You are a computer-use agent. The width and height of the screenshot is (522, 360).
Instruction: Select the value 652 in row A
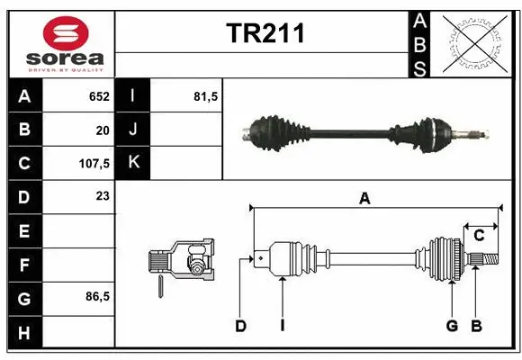click(99, 96)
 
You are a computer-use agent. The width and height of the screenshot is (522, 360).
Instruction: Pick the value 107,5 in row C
click(94, 164)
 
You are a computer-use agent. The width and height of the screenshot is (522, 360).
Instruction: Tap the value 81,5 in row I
click(206, 96)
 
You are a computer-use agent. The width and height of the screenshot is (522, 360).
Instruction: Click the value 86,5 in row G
click(98, 296)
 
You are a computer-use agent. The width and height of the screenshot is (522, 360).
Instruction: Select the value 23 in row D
click(103, 195)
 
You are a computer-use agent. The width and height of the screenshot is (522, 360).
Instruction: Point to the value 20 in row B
click(103, 130)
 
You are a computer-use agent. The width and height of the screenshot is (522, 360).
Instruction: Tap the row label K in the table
click(133, 163)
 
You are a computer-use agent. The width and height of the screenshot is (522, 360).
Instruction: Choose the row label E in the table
click(23, 231)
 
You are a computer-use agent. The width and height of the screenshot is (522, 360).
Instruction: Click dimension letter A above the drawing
click(364, 199)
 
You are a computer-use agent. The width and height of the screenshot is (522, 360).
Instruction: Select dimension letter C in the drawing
click(480, 235)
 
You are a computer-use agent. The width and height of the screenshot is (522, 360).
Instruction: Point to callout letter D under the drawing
click(240, 326)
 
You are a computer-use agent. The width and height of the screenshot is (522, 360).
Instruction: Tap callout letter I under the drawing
click(282, 326)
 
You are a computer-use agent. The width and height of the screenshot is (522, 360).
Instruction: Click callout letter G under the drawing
click(452, 326)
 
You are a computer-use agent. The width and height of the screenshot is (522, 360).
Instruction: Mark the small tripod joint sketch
click(184, 262)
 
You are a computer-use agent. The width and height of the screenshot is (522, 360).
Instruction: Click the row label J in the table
click(133, 130)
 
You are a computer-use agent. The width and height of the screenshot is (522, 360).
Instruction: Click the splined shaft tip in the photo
click(474, 134)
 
